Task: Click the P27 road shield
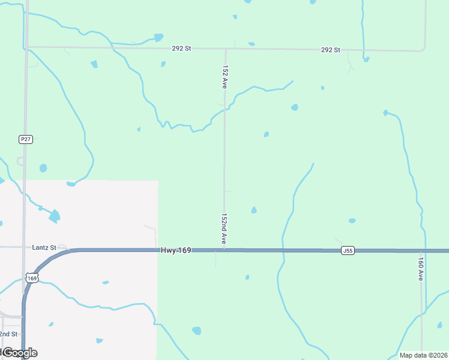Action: pos(25,139)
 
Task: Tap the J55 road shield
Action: pos(347,250)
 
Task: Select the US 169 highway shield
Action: pos(32,278)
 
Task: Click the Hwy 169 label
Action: pos(176,250)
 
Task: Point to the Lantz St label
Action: pos(44,247)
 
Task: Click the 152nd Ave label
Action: pos(224,229)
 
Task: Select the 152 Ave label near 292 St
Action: pos(224,77)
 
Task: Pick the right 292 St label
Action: pos(331,50)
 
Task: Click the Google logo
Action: pos(19,352)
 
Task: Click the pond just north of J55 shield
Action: pos(352,221)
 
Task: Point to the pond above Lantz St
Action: pos(54,215)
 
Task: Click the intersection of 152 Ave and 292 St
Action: pos(225,49)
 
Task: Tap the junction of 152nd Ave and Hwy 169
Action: pos(224,250)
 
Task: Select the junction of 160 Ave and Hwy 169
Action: pos(421,251)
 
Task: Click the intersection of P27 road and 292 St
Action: pos(27,46)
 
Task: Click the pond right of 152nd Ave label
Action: pos(254,210)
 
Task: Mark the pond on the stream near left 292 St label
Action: pos(158,37)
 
